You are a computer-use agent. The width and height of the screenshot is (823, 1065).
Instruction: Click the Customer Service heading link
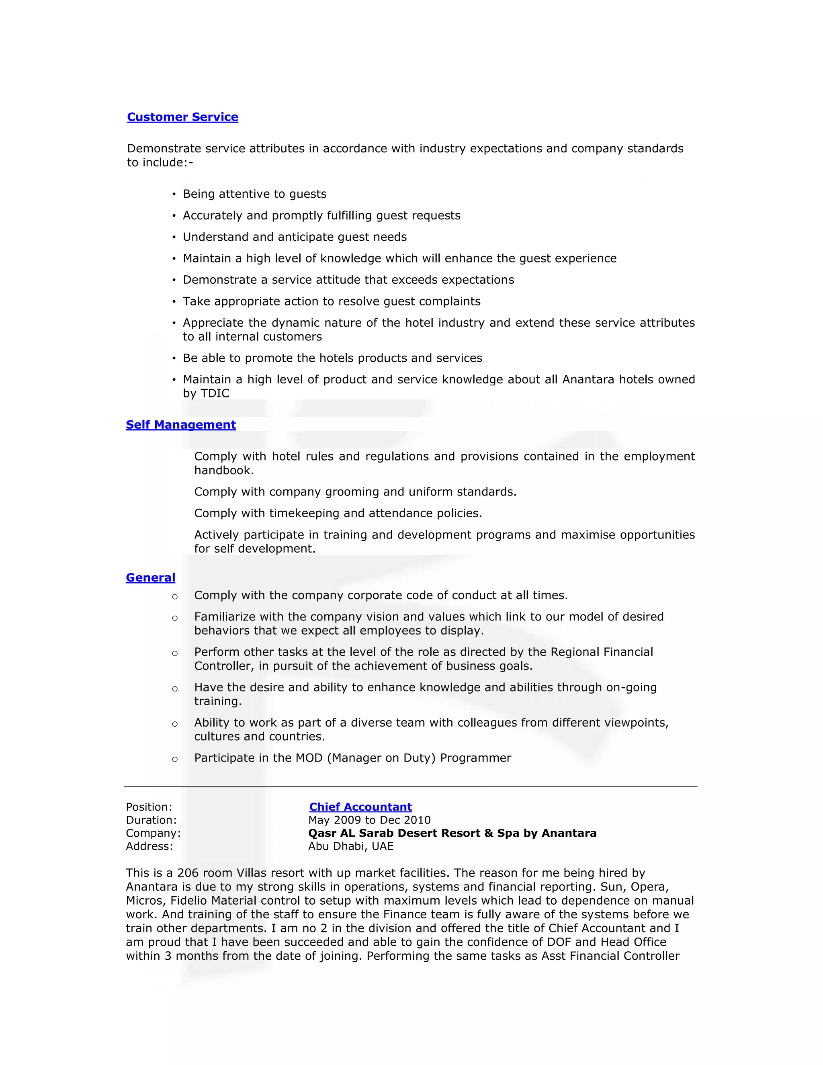[x=182, y=117]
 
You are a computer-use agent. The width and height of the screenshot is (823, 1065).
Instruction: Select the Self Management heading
[x=180, y=425]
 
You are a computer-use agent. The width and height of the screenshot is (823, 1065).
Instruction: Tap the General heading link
[x=150, y=578]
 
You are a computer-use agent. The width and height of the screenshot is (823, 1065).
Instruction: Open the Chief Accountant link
[x=360, y=807]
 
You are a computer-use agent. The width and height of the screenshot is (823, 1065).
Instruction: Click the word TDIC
[x=215, y=393]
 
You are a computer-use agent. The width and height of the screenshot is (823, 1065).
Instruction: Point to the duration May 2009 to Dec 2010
[x=369, y=820]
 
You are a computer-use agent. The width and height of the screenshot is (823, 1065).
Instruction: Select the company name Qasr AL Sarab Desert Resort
[x=452, y=834]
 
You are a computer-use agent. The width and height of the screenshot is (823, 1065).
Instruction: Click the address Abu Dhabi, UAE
[x=350, y=846]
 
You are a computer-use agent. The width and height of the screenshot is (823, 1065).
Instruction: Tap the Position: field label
[x=149, y=807]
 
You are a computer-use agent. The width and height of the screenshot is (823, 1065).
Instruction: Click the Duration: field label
[x=151, y=820]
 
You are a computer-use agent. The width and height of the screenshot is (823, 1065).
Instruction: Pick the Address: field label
[x=149, y=846]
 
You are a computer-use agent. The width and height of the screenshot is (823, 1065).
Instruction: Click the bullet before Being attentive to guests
[x=174, y=195]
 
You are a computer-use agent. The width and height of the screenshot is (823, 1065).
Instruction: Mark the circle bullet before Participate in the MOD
[x=174, y=759]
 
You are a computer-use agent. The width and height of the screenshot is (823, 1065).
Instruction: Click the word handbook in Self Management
[x=223, y=471]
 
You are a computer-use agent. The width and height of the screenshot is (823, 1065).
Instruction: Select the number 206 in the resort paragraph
[x=187, y=873]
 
